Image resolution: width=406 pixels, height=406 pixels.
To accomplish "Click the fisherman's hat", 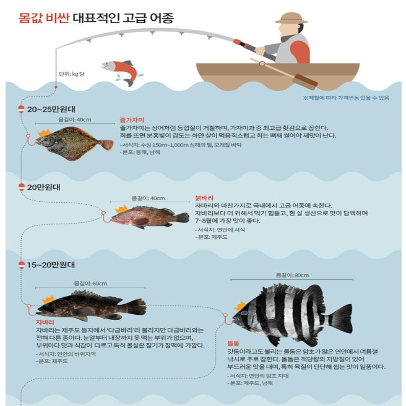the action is click(x=291, y=19).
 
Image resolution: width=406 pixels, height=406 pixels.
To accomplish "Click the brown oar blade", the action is click(x=306, y=82).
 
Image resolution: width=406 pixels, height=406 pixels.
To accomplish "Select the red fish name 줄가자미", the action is click(x=132, y=120).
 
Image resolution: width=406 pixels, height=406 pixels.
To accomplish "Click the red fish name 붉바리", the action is click(x=204, y=198).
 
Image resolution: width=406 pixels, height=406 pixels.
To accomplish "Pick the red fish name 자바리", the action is click(x=45, y=323).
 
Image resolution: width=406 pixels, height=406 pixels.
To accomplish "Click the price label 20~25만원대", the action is click(x=51, y=109).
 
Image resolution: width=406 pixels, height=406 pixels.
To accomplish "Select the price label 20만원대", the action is click(x=44, y=187).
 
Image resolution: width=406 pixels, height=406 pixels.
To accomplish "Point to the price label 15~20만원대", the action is click(x=51, y=265).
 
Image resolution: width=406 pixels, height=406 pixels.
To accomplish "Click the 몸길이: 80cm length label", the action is click(x=292, y=275).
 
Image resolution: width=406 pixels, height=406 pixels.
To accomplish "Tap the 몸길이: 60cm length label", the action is click(x=90, y=283).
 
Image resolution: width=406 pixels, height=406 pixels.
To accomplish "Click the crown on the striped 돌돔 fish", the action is click(x=240, y=306).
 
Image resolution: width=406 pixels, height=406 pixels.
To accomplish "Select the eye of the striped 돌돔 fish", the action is click(x=244, y=313).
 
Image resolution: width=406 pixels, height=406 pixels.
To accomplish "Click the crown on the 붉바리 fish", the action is click(x=121, y=209).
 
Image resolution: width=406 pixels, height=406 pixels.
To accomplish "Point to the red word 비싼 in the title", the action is click(x=58, y=18).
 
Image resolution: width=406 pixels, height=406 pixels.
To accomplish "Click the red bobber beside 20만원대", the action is click(x=21, y=187).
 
